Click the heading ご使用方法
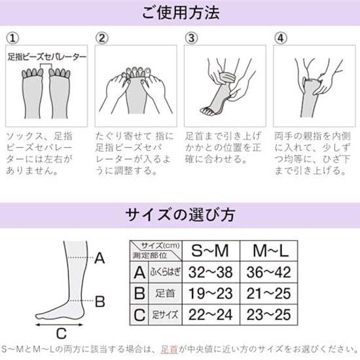181,12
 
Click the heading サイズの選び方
180,215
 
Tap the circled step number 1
12,38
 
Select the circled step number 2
101,38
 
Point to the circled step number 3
191,38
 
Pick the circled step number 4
281,38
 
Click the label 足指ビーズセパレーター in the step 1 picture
47,57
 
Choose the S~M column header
210,251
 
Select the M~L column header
270,251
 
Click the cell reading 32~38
211,272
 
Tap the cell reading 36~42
269,272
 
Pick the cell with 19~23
211,294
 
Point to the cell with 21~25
269,294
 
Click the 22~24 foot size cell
211,315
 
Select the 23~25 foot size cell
269,315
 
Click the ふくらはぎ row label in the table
166,272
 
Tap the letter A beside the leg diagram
99,258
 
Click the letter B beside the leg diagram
100,302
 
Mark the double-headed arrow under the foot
60,325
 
